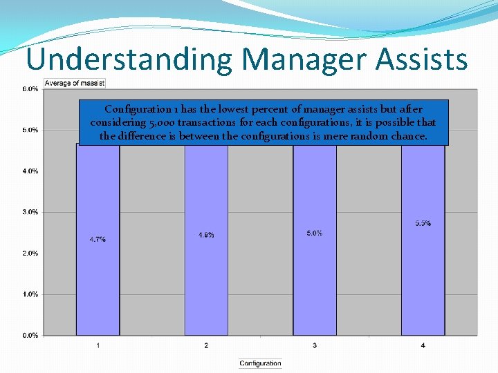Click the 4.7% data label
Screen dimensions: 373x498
pos(98,239)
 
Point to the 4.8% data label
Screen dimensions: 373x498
pos(206,235)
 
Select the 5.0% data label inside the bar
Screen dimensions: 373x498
pos(315,233)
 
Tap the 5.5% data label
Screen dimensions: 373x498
pos(423,223)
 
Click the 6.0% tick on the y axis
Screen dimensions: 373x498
pos(30,89)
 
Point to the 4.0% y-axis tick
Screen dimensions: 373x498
pos(30,171)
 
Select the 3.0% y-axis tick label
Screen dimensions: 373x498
pos(30,212)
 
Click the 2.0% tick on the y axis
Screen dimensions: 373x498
pos(30,254)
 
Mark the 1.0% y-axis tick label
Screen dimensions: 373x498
pos(30,294)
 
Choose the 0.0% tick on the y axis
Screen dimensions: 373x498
pos(30,335)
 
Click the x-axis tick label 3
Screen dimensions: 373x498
pos(315,345)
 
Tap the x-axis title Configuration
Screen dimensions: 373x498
pos(260,363)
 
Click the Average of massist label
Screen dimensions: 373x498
pos(75,84)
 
